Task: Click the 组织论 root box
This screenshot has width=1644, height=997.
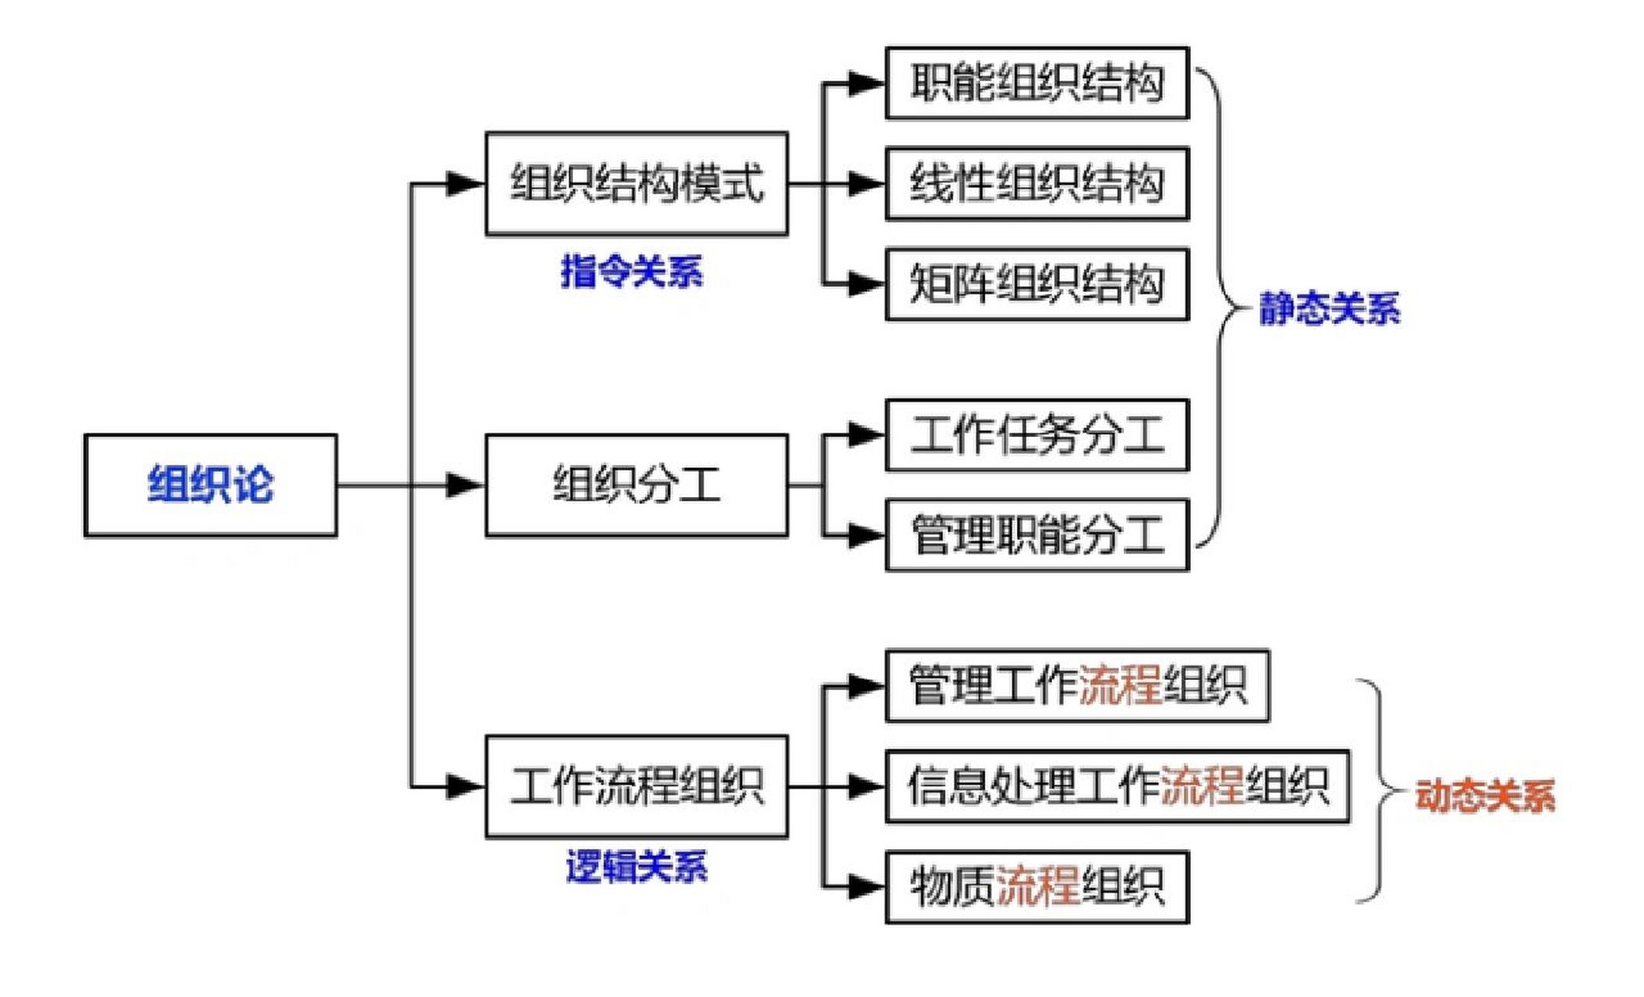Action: click(x=210, y=485)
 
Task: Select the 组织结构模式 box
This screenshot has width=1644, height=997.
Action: click(x=636, y=184)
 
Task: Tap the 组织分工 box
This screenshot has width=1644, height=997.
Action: click(x=636, y=485)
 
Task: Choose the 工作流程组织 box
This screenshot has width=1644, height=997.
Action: click(x=636, y=786)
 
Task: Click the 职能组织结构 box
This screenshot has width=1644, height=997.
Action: click(x=1037, y=83)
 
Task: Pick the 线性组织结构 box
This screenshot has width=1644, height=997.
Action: click(x=1037, y=184)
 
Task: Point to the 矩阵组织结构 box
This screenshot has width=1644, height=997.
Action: click(x=1037, y=284)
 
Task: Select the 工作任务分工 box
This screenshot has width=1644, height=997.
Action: click(x=1037, y=435)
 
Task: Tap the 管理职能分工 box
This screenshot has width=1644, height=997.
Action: click(x=1037, y=535)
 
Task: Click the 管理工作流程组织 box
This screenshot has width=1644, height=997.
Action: click(x=1077, y=685)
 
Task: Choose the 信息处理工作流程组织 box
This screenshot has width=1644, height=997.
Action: click(x=1117, y=786)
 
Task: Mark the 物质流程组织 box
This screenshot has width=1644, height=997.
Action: click(x=1037, y=887)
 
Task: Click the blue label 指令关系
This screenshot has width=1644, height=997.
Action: click(x=632, y=272)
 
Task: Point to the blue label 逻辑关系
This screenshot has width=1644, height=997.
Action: click(x=636, y=868)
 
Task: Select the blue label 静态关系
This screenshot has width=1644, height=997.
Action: click(x=1329, y=308)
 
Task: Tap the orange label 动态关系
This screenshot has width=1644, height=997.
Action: click(x=1484, y=796)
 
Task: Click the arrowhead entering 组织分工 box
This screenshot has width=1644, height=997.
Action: click(x=465, y=485)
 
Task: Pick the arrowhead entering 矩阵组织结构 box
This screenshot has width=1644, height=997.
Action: click(x=865, y=284)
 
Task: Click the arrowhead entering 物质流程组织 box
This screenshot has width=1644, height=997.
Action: click(x=865, y=887)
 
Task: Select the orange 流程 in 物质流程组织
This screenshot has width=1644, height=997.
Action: click(x=1037, y=887)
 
